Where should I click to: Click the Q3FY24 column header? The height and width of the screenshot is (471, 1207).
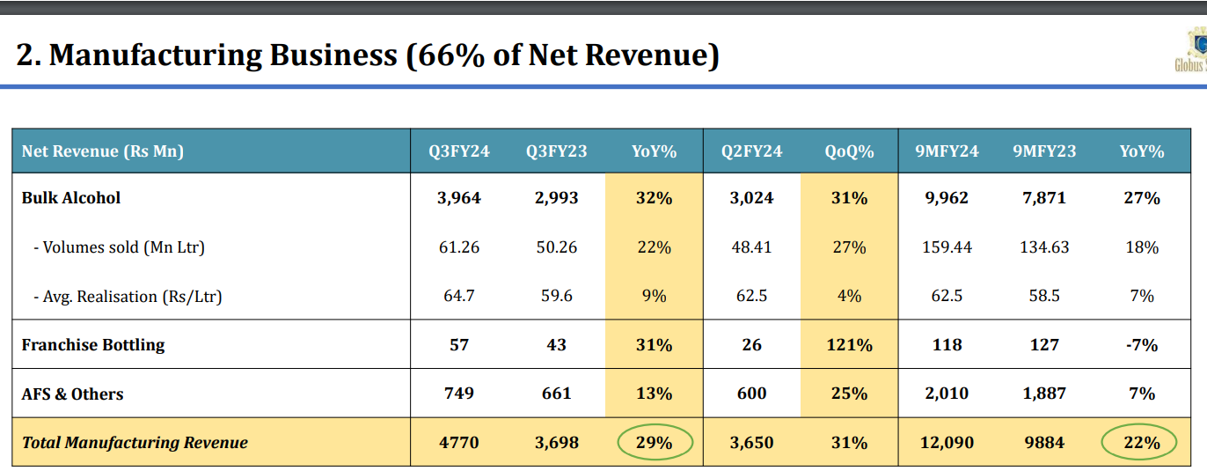pos(459,151)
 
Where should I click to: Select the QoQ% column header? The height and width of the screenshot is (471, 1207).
pos(849,151)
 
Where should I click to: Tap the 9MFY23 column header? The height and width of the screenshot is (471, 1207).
pos(1044,151)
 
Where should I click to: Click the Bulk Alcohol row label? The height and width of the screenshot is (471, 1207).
pos(71,198)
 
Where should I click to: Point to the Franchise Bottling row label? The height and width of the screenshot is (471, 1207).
pos(93,345)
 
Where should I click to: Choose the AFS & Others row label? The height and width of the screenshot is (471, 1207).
pos(72,394)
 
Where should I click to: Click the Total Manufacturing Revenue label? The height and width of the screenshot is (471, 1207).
pos(135,443)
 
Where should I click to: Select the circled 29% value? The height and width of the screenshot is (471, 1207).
pos(654,443)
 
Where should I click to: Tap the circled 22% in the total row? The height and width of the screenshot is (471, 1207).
pos(1141,443)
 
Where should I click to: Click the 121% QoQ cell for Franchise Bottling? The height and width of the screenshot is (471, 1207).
pos(849,345)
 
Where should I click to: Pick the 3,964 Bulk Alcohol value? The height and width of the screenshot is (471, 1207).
pos(459,198)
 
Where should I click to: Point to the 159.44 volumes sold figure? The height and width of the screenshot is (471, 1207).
pos(947,247)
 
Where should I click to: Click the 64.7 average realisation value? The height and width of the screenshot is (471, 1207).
pos(459,297)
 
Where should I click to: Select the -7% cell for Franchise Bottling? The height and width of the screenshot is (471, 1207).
pos(1141,345)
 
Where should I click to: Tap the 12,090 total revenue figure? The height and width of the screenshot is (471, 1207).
pos(947,443)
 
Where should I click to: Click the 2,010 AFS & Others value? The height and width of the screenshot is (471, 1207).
pos(947,394)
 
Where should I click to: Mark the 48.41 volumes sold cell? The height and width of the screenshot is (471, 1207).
pos(751,247)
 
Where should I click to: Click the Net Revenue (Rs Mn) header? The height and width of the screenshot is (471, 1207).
pos(103,151)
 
